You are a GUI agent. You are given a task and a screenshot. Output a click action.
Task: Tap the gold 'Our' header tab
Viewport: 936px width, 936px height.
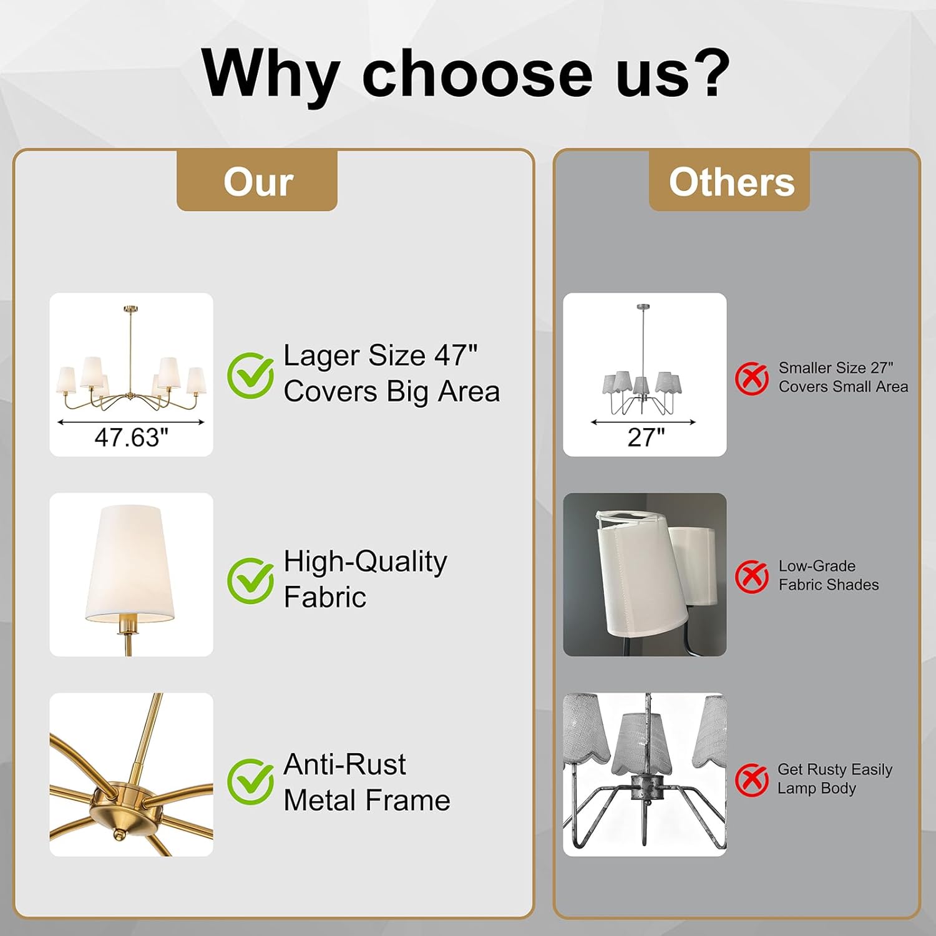[x=257, y=180]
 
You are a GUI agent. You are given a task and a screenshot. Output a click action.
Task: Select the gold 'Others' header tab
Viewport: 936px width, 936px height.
[x=729, y=180]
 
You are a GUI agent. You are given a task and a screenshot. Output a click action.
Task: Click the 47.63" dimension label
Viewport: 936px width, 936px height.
[x=132, y=437]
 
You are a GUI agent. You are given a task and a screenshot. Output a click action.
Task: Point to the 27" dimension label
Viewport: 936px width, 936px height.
[x=646, y=437]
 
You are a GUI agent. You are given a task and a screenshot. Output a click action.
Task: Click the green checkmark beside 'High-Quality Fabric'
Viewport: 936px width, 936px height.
[x=250, y=580]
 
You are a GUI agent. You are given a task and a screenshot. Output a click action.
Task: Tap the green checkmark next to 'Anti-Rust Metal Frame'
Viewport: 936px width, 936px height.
[x=250, y=781]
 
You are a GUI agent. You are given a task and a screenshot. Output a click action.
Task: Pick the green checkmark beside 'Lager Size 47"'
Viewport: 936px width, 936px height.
[x=250, y=376]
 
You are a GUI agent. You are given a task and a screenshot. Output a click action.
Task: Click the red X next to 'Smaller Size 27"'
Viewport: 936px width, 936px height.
[x=752, y=378]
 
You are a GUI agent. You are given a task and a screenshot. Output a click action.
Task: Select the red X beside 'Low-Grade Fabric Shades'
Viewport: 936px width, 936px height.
[x=752, y=577]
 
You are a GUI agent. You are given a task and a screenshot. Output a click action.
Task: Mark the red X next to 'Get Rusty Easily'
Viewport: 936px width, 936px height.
[x=752, y=779]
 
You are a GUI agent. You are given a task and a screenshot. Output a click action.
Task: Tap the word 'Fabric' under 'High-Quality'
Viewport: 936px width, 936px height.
[x=325, y=597]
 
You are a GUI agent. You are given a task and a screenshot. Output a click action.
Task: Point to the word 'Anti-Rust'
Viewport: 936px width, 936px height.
[x=344, y=764]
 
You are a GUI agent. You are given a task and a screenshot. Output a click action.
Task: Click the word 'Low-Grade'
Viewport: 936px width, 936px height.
[x=817, y=566]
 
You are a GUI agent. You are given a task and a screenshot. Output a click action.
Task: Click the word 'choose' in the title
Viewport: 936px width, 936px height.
[x=477, y=74]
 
